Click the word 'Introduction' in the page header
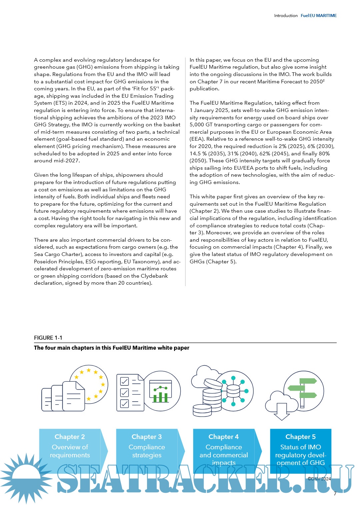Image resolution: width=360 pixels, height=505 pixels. click(x=286, y=16)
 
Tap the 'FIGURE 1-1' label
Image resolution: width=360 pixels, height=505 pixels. click(x=48, y=338)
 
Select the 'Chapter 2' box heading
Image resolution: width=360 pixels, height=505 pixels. click(x=70, y=437)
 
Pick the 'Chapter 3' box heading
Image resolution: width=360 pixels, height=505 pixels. click(x=147, y=437)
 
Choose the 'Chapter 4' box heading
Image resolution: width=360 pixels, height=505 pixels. click(x=224, y=437)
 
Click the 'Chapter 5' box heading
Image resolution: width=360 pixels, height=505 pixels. click(x=300, y=437)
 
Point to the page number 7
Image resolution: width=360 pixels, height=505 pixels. click(x=335, y=494)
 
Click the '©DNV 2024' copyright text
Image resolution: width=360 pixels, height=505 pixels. click(x=319, y=479)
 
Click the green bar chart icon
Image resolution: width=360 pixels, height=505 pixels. click(x=161, y=395)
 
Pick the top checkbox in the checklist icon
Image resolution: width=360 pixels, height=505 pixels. click(x=124, y=381)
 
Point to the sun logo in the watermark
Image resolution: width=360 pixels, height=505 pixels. click(x=26, y=477)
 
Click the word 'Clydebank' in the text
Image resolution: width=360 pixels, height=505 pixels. click(x=154, y=276)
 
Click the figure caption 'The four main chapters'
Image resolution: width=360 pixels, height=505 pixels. click(x=111, y=348)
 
